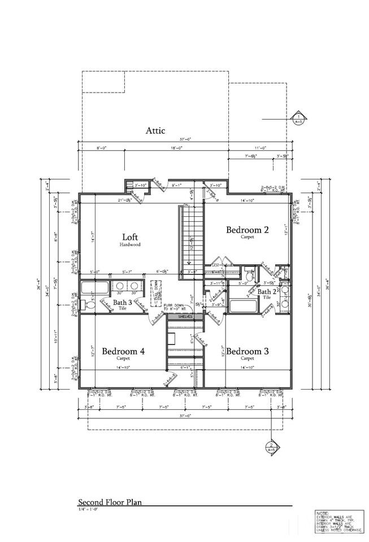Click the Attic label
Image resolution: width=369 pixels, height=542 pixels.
coord(155,130)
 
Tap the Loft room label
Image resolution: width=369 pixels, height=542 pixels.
coord(130,237)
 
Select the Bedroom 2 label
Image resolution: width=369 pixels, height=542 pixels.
coord(247,230)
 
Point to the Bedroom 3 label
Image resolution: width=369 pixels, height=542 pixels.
coord(248,351)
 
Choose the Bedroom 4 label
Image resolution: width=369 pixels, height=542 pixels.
coord(123,351)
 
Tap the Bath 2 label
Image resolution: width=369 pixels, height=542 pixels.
coord(266,292)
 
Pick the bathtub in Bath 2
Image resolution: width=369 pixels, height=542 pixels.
coord(244,307)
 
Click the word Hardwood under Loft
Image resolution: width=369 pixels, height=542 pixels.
coord(130,245)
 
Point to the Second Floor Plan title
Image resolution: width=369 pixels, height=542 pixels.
coord(110,501)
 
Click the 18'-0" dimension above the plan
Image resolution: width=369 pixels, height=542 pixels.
coord(153,148)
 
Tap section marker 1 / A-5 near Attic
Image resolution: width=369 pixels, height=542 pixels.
coord(299,119)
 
